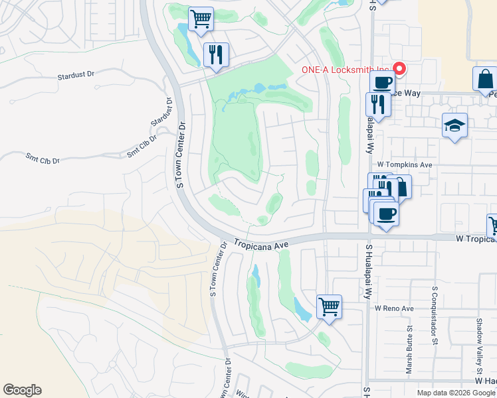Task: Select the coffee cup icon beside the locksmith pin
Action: pos(382,83)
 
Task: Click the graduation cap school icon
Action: pos(455,125)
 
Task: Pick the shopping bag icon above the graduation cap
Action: pos(484,79)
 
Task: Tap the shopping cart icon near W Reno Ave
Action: pos(329,307)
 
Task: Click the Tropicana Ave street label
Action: pos(260,244)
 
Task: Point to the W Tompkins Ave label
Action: pos(404,164)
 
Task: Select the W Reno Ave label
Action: pos(393,308)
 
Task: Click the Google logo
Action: pos(22,390)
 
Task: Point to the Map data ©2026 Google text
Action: pos(456,393)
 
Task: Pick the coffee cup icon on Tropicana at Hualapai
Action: pos(385,214)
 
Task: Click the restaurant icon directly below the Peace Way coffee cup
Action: pos(377,104)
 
